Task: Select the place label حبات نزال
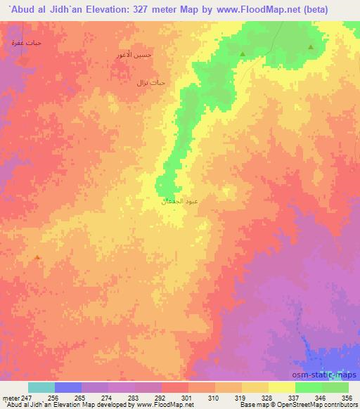point(150,82)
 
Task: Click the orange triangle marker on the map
point(37,257)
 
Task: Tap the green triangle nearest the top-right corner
point(311,47)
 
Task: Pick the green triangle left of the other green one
point(243,54)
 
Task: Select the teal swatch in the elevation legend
point(41,387)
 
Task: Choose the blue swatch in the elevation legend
point(68,387)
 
